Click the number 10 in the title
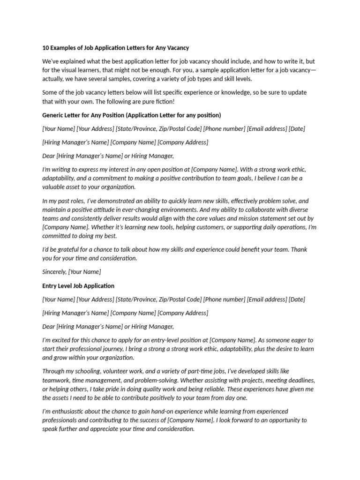[x=45, y=48]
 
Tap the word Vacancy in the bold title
[x=178, y=48]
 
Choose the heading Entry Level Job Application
[x=78, y=285]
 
